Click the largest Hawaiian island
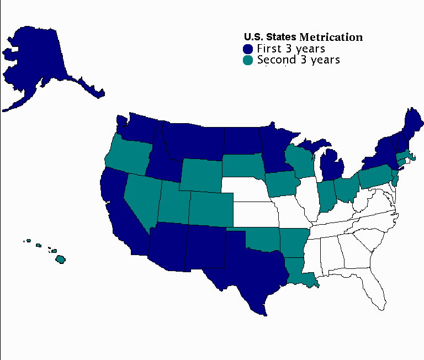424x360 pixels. click(61, 259)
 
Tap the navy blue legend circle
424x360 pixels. click(248, 49)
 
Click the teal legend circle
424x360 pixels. click(248, 60)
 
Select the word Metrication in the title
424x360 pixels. click(331, 37)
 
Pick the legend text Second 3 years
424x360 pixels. click(298, 60)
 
